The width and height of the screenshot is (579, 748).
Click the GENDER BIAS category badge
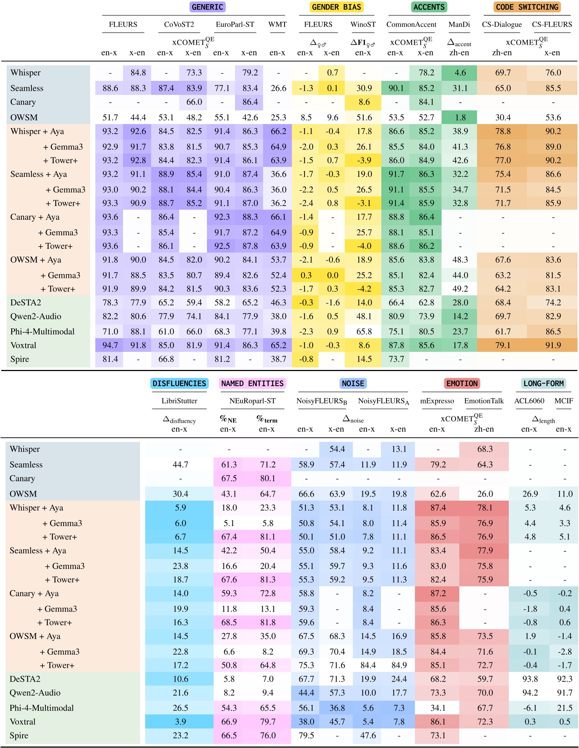click(x=336, y=7)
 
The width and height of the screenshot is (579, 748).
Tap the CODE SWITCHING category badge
click(x=527, y=7)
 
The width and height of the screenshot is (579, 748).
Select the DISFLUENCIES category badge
click(x=179, y=384)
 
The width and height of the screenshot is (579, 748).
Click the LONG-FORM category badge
click(x=543, y=384)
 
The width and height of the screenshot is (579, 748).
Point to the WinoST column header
click(x=363, y=25)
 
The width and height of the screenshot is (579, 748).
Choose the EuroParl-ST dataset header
click(x=235, y=25)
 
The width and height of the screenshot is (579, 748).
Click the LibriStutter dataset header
click(x=179, y=401)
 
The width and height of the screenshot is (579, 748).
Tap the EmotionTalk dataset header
click(x=484, y=401)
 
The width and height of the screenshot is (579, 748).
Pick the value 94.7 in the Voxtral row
click(x=110, y=346)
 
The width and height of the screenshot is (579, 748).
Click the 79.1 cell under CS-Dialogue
click(x=503, y=346)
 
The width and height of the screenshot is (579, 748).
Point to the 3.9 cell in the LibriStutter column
click(x=180, y=722)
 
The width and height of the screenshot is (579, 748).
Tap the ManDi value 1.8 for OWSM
click(x=460, y=117)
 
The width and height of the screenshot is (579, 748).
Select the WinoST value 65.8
click(x=364, y=332)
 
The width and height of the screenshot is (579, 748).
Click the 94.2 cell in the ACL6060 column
click(x=530, y=693)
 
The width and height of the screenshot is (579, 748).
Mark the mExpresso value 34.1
click(x=438, y=708)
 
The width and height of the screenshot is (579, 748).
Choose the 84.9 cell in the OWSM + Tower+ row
click(x=399, y=665)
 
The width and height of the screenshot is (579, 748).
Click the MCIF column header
click(x=563, y=401)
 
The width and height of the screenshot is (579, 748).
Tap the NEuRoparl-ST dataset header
click(x=252, y=401)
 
